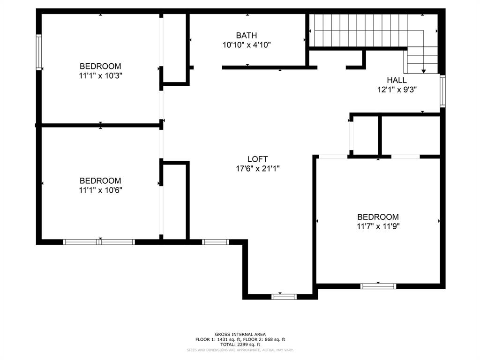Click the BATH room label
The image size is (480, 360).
pos(247,35)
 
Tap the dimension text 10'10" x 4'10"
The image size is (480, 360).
pos(247,45)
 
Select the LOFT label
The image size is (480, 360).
pos(258,159)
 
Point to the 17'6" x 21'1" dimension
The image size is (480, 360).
pos(258,169)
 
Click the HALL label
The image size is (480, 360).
pos(397,80)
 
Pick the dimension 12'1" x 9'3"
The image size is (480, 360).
pos(397,90)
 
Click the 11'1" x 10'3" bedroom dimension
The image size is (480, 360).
pos(100,75)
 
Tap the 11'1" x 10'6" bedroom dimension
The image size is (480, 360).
pos(100,190)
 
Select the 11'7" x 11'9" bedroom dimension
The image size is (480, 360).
pos(378,226)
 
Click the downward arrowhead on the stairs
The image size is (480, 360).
pos(424,71)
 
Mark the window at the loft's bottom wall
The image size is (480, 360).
pos(285,296)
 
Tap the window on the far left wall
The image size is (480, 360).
pos(39,52)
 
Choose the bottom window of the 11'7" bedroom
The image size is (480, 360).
pos(378,286)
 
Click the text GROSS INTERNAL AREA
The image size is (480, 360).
pos(240,334)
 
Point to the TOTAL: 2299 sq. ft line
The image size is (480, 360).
pos(240,344)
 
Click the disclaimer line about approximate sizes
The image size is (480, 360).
pos(240,350)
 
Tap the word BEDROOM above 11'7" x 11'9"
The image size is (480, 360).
pos(378,217)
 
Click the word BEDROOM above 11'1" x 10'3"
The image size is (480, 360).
pos(100,66)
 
